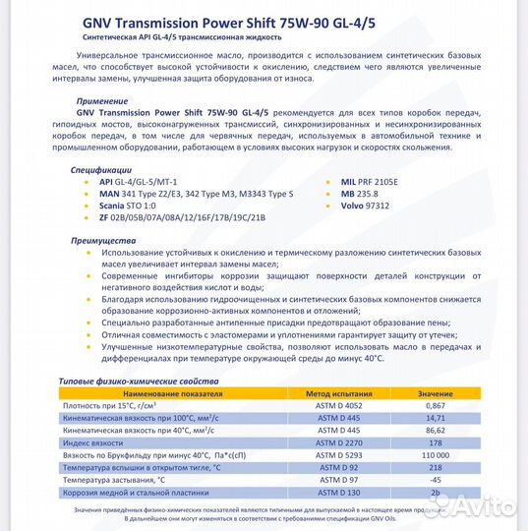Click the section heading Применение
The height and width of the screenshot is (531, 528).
point(102,100)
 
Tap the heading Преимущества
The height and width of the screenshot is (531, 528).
point(103,240)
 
